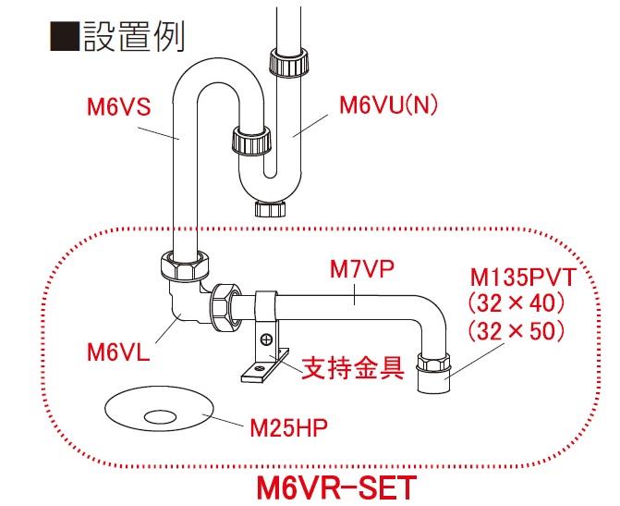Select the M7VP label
coord(362,269)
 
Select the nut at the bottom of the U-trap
coord(268,206)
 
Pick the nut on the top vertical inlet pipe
coord(284,64)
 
